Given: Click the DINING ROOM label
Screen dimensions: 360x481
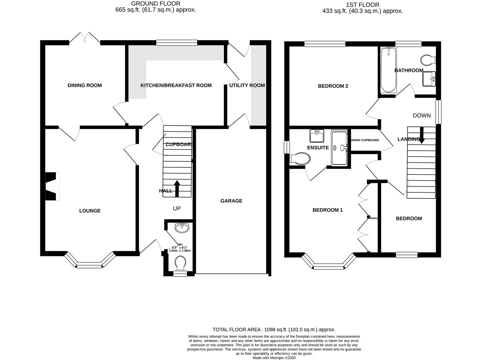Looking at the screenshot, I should click(84, 85).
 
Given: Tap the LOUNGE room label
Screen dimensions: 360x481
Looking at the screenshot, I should click(90, 211).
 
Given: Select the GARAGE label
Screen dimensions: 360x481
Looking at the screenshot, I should click(231, 201).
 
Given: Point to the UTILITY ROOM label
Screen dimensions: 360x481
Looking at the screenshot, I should click(247, 85).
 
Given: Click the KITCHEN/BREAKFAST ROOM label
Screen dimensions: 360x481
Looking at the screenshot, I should click(176, 85).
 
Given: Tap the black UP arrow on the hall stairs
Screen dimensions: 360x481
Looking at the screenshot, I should click(177, 189).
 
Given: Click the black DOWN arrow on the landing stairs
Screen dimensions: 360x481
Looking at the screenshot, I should click(422, 136).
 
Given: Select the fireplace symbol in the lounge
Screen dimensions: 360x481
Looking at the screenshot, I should click(52, 186).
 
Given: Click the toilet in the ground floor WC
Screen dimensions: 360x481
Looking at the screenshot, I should click(180, 263).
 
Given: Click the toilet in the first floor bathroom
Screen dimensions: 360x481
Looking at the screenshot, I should click(428, 60).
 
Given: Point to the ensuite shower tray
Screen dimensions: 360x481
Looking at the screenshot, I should click(339, 148).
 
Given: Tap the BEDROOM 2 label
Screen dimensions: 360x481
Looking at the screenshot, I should click(333, 86).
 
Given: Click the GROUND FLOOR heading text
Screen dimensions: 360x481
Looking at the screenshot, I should click(156, 4).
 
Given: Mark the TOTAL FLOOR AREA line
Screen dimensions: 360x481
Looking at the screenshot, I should click(274, 329).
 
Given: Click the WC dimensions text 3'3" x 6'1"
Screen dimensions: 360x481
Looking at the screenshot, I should click(180, 247).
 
